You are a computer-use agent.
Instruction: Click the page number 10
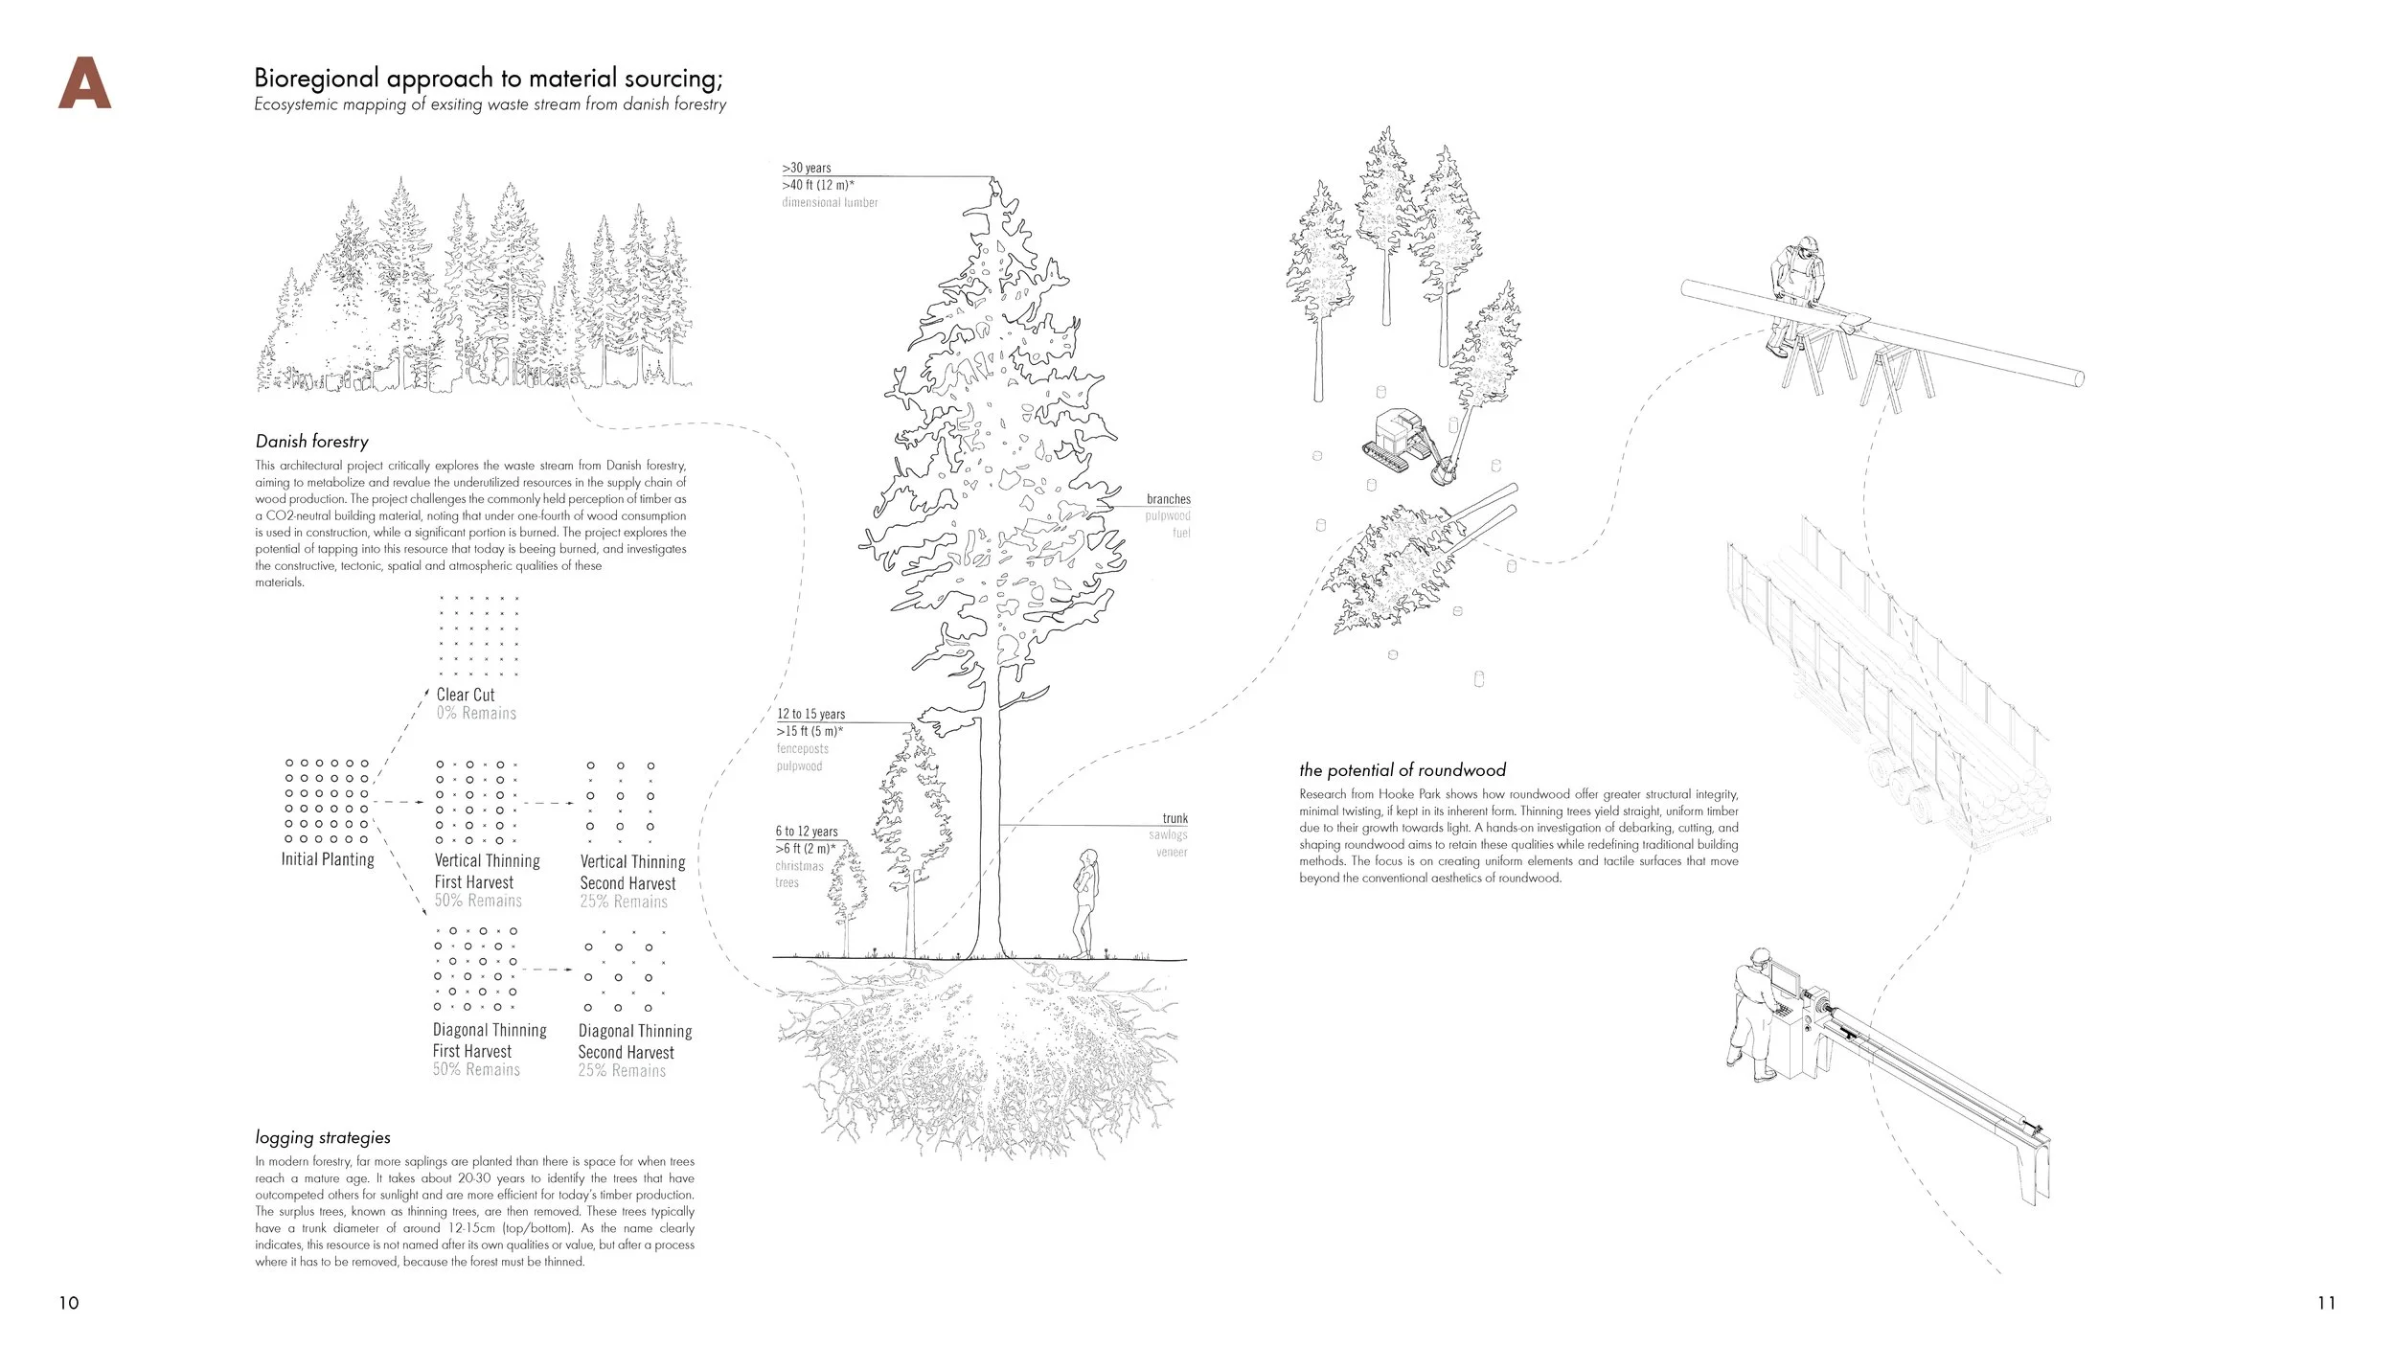(69, 1303)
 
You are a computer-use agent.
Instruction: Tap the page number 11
(2326, 1303)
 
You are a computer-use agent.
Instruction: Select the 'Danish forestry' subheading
(311, 442)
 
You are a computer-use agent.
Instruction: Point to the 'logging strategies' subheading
(323, 1138)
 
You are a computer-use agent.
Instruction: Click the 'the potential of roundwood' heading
(1403, 770)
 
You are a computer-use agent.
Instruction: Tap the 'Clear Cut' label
(466, 695)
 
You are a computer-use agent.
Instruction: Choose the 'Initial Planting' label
(328, 859)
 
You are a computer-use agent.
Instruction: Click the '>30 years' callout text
(807, 168)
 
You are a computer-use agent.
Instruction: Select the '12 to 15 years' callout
(810, 714)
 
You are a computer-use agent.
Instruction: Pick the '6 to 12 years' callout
(807, 832)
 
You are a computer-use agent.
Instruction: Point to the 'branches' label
(1169, 499)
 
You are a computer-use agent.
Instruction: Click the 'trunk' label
(1175, 818)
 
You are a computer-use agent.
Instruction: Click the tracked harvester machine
(1403, 446)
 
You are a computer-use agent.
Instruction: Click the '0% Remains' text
(476, 714)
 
